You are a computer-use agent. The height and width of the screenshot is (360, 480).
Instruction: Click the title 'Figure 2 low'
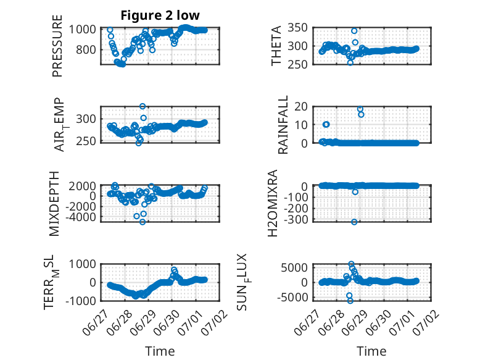click(160, 15)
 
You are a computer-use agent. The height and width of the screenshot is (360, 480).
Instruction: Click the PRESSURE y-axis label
click(57, 46)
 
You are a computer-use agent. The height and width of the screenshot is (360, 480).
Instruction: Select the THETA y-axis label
click(276, 46)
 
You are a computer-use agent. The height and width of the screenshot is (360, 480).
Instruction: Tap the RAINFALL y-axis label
click(283, 124)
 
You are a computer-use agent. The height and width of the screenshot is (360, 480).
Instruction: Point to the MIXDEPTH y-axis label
click(54, 204)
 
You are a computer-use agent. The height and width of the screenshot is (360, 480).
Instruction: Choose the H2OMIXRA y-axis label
click(273, 203)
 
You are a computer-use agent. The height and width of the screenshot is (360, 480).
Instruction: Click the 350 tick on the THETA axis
click(297, 28)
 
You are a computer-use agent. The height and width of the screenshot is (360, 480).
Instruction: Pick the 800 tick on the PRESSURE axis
click(86, 49)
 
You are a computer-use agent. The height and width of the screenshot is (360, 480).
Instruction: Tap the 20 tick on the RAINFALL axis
click(301, 106)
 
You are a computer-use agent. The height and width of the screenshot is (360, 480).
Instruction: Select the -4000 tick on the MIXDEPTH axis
click(80, 217)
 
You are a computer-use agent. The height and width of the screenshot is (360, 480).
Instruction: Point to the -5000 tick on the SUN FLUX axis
click(292, 297)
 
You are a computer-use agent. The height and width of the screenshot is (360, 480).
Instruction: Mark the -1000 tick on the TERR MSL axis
click(80, 301)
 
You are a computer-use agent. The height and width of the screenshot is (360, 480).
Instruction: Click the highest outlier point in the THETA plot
click(354, 31)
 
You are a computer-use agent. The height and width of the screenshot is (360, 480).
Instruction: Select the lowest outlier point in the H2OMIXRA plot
click(354, 222)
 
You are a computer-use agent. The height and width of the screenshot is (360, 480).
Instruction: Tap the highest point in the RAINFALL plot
click(360, 109)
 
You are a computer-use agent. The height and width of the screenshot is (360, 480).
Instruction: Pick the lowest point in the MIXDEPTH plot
click(143, 222)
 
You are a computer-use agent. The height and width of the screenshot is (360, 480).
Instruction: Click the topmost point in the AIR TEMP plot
click(143, 106)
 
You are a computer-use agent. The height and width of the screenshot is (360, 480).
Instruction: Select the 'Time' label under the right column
click(371, 351)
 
